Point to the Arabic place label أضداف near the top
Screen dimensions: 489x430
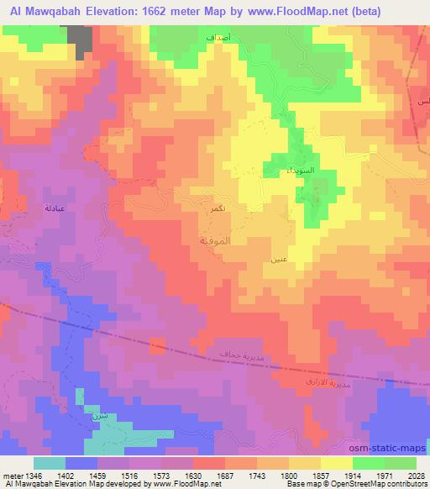221,39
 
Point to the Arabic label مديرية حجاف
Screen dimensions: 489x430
243,356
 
